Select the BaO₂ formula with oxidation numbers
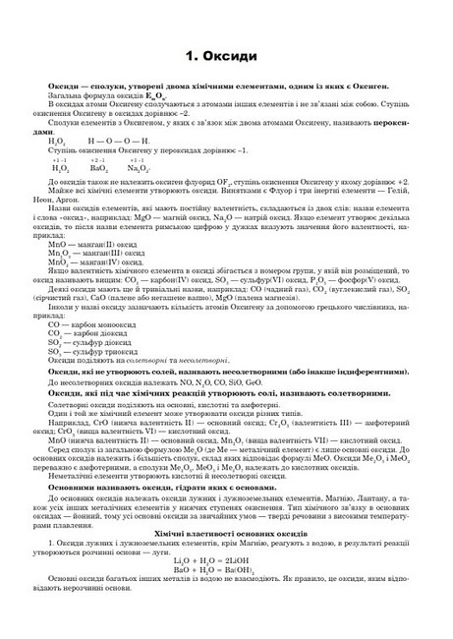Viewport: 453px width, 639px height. (x=98, y=169)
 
